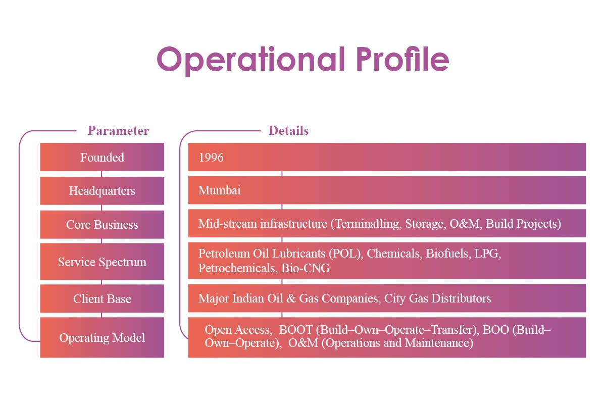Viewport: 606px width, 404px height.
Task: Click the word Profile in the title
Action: pos(402,59)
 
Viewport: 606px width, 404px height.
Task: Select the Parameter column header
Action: pos(118,131)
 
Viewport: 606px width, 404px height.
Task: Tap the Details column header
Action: pos(288,131)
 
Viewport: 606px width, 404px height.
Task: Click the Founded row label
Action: pos(102,158)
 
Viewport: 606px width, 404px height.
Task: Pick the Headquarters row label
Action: pos(102,191)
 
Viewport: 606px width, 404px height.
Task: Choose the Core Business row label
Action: pos(102,225)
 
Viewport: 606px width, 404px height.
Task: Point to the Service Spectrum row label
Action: pos(102,262)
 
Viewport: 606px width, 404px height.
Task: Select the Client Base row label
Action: pos(102,299)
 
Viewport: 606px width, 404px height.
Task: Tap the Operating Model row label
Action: pos(102,338)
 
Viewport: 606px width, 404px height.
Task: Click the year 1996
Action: pos(211,158)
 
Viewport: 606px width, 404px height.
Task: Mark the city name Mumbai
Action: pos(220,191)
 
